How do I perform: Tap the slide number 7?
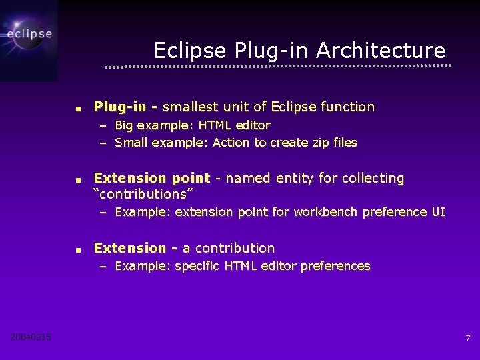(x=468, y=339)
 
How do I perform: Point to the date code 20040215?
(x=31, y=337)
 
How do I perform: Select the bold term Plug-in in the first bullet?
(x=120, y=107)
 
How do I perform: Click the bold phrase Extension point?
(x=152, y=178)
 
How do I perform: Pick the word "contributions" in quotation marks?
(x=143, y=194)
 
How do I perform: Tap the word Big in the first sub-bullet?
(x=124, y=125)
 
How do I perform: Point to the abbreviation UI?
(x=438, y=212)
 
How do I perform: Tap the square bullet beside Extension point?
(x=78, y=179)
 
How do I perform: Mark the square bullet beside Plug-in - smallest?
(x=78, y=108)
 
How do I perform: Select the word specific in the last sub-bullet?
(x=198, y=266)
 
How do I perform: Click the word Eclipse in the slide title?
(x=191, y=51)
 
